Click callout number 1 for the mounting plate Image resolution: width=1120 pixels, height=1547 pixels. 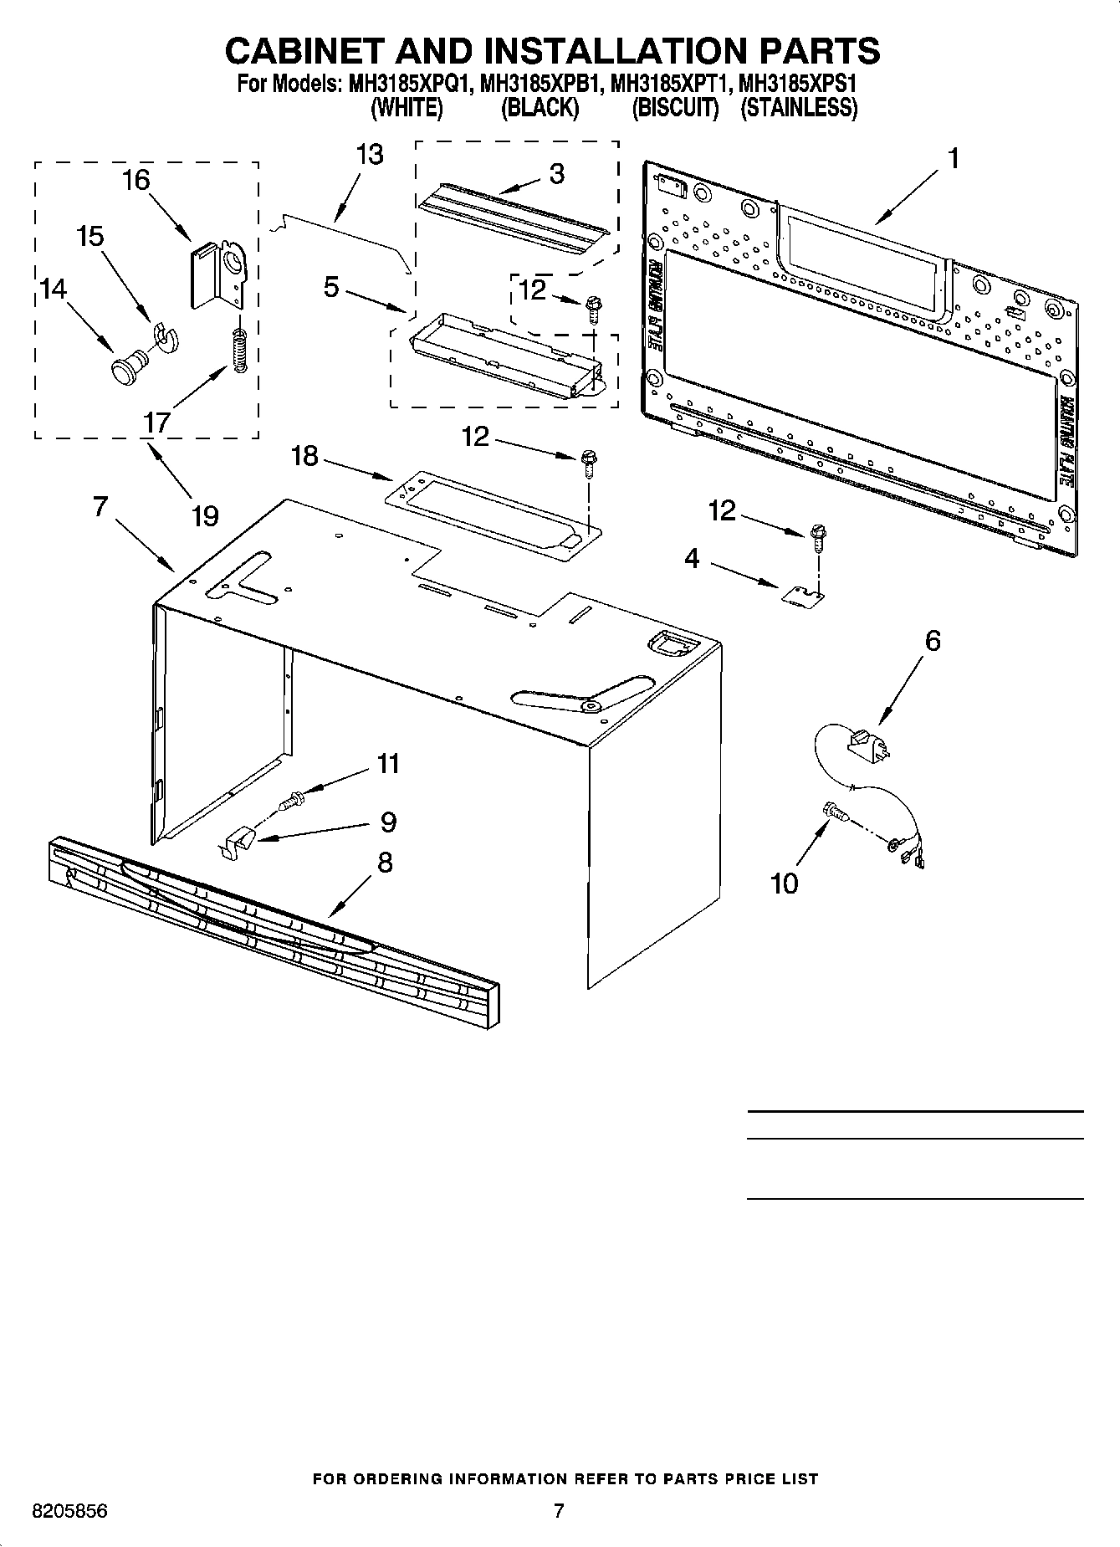(953, 158)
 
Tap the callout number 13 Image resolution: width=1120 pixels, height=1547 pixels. (369, 154)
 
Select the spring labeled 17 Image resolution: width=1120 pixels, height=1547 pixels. (240, 351)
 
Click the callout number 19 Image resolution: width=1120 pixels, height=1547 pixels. (205, 515)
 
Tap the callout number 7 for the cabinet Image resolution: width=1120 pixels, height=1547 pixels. (100, 507)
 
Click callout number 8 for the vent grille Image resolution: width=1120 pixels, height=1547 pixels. (384, 862)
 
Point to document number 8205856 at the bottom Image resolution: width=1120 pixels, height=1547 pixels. (69, 1512)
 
